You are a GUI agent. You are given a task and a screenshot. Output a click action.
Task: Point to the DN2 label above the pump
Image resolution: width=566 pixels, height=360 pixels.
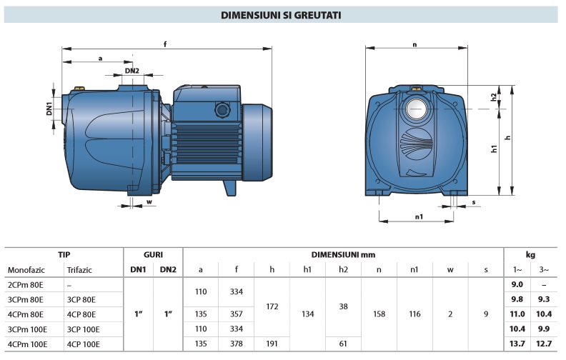[131, 71]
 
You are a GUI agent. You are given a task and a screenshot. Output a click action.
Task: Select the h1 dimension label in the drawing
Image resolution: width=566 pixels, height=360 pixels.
[495, 149]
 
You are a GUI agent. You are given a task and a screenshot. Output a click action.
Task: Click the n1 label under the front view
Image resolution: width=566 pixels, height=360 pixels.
[419, 216]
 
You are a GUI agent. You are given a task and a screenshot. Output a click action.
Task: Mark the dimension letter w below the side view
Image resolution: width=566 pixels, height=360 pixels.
[149, 201]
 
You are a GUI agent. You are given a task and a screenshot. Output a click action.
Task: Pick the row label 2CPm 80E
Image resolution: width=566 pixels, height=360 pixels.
[25, 284]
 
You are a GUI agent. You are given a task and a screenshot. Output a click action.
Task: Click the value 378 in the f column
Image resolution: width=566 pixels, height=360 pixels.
[237, 344]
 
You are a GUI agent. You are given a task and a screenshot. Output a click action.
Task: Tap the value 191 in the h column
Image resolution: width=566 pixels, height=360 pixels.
[272, 344]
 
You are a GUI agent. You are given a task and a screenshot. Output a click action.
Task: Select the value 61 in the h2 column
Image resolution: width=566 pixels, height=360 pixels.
[343, 344]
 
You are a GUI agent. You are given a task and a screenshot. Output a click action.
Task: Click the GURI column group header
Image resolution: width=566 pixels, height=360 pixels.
[154, 254]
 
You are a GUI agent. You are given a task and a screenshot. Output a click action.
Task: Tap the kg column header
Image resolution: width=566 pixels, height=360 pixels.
[530, 254]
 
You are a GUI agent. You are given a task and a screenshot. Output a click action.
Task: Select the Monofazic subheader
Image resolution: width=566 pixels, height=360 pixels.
[26, 270]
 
